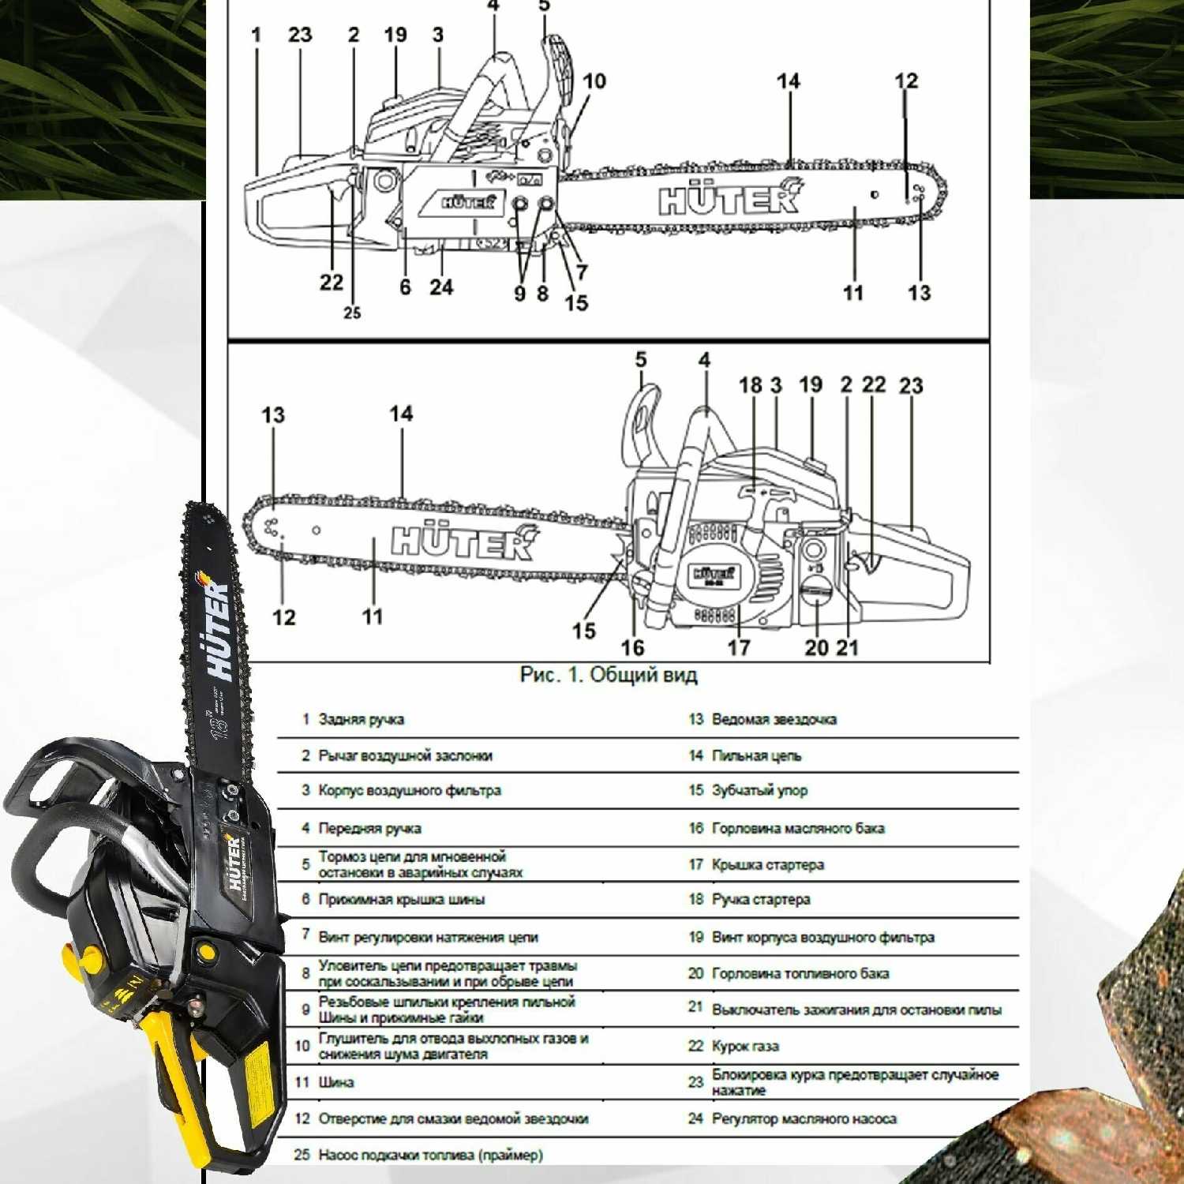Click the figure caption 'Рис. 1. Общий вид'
point(609,675)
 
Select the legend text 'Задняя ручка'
point(361,719)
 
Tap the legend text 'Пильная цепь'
point(756,755)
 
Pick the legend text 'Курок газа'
point(745,1046)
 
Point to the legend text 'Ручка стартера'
point(761,899)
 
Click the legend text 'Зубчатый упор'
point(759,790)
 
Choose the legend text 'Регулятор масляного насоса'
point(804,1118)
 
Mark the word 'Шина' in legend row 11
point(335,1082)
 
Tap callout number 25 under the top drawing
point(352,313)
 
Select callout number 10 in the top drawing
point(594,81)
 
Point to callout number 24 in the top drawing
point(441,287)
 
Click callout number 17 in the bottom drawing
point(739,647)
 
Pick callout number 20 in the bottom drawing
point(817,647)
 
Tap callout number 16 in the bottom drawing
point(632,647)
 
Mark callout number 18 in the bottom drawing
point(751,385)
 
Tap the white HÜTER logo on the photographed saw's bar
point(222,631)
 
